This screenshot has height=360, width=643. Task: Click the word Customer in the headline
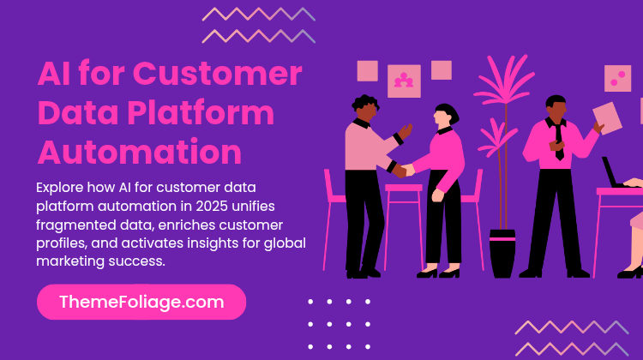218,74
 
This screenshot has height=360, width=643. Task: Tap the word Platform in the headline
201,113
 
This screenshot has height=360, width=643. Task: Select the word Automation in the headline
140,152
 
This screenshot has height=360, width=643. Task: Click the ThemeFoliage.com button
141,303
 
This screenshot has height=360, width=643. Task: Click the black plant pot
502,254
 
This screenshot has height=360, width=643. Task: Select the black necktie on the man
558,141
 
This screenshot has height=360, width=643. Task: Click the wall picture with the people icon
404,81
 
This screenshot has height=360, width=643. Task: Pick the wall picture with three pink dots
617,78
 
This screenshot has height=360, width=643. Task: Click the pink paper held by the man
607,118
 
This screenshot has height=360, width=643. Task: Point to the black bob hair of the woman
448,113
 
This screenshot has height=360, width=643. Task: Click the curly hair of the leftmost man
365,102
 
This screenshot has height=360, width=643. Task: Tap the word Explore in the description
59,188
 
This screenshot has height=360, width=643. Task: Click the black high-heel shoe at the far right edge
631,272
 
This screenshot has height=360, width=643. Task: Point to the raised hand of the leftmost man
406,132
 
